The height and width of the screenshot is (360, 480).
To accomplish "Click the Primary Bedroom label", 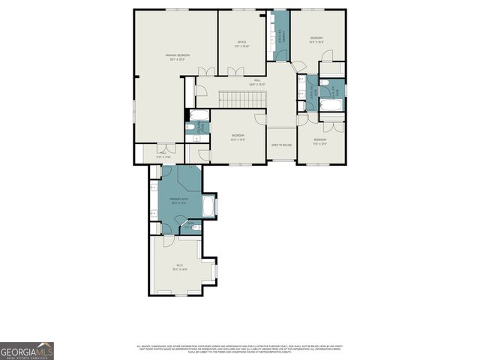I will (178, 58).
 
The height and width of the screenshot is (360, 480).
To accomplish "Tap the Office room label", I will (242, 44).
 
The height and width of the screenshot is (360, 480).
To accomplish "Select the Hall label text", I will (257, 83).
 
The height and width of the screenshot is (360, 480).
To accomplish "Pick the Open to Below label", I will (281, 144).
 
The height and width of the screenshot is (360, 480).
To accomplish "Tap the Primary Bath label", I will (178, 200).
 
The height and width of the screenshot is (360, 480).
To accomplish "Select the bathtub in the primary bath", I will (208, 205).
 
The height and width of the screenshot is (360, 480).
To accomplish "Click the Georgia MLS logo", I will (27, 351).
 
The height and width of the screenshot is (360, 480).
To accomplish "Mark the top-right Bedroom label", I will (317, 40).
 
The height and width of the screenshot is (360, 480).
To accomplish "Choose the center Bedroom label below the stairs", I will (238, 137).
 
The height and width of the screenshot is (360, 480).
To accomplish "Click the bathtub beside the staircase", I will (199, 115).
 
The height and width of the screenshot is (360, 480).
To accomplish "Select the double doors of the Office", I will (235, 71).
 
